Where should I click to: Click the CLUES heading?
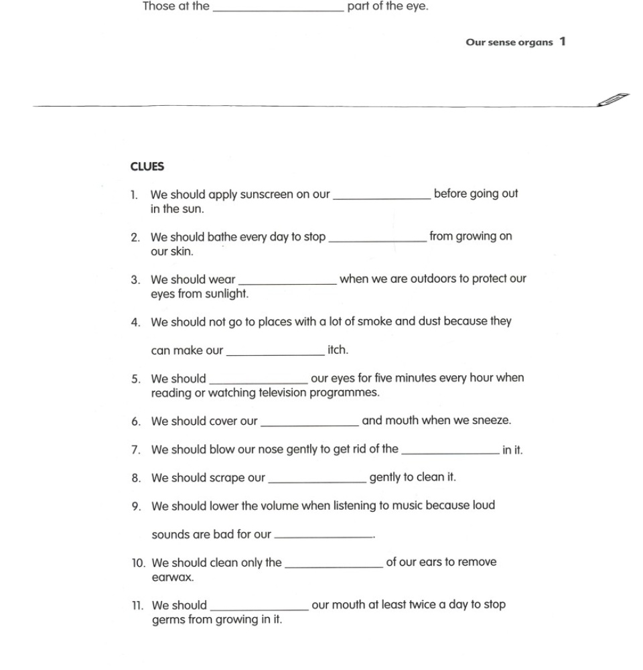tap(147, 167)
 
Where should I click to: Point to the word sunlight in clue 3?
tap(226, 293)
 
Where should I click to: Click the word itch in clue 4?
tap(337, 350)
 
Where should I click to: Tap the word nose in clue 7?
tap(252, 450)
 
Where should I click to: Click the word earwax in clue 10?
tap(172, 577)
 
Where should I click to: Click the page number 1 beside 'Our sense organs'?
tap(563, 42)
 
